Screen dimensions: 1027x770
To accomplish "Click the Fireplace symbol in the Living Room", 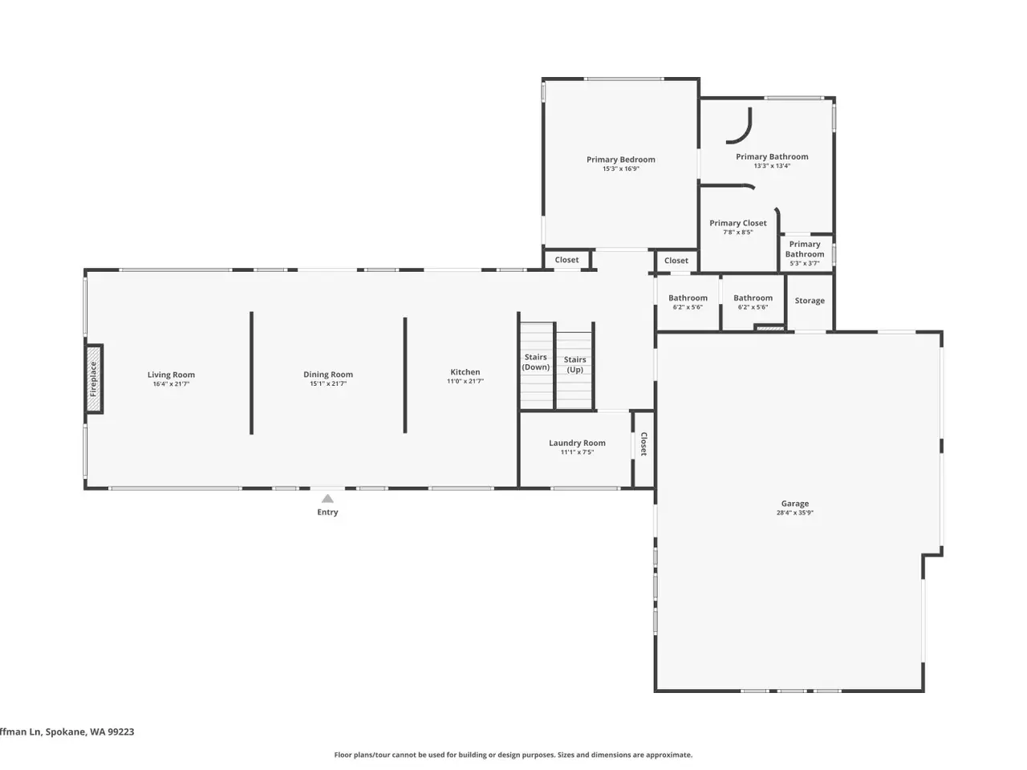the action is click(x=94, y=379).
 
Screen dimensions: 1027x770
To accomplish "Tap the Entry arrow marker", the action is click(x=327, y=498).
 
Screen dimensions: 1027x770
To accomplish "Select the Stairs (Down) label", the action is click(x=536, y=362).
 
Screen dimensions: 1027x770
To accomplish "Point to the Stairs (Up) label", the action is click(x=574, y=364).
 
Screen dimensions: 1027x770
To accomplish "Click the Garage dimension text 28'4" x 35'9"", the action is click(x=795, y=513).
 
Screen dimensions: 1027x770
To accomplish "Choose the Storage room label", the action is click(x=810, y=301).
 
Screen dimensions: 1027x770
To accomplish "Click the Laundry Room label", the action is click(x=577, y=443).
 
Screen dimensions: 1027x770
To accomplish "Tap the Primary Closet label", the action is click(x=738, y=223).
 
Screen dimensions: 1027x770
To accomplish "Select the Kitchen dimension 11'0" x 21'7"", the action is click(x=465, y=381).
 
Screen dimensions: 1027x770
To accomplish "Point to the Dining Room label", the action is click(x=328, y=375).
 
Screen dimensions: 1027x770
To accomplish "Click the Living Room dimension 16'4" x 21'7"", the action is click(x=171, y=384).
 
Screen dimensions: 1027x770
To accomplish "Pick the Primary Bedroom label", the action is click(x=621, y=160).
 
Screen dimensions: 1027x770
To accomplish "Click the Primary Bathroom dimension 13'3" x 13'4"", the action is click(x=772, y=165).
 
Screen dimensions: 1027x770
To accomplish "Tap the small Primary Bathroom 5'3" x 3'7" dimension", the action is click(x=805, y=263).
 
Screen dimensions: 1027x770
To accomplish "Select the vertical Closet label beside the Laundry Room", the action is click(x=643, y=444).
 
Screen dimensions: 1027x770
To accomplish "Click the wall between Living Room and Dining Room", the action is click(x=251, y=373).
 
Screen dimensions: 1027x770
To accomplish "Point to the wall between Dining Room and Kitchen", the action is click(x=405, y=375).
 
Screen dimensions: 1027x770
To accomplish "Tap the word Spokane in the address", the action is click(x=66, y=731).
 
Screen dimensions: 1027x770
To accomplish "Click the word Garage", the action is click(x=795, y=504).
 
